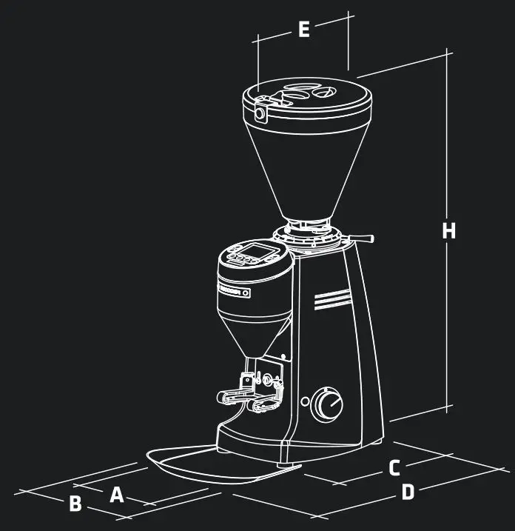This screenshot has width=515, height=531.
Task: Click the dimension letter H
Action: point(448,231)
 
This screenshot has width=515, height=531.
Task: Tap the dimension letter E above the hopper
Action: point(303,30)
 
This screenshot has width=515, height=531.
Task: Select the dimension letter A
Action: point(116,495)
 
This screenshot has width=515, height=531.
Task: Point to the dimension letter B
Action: point(75,504)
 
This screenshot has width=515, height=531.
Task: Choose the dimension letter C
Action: point(394,468)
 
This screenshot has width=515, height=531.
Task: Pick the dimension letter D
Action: point(408,492)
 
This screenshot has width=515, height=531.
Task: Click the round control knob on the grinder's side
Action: point(326,404)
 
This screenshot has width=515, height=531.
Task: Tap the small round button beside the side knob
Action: point(305,401)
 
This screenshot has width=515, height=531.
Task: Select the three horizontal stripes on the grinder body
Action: point(331,300)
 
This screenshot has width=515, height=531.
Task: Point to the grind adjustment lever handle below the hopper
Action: point(365,238)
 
